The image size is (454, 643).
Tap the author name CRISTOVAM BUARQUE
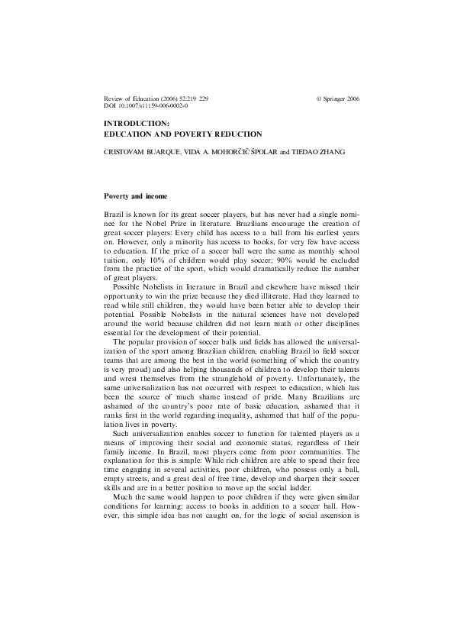(x=137, y=152)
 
